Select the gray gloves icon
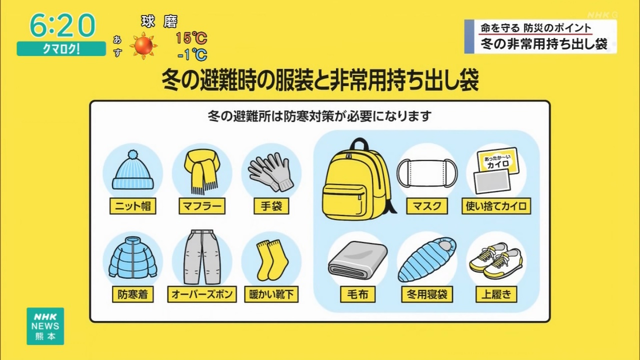[270, 172]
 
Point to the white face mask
[427, 173]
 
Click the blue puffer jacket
[133, 258]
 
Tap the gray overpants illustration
[202, 257]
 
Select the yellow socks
[272, 260]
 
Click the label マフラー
[202, 206]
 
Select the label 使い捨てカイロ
[496, 206]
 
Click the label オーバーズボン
[202, 294]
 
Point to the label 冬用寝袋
[427, 294]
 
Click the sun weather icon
[143, 46]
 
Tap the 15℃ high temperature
[191, 38]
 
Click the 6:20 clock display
[62, 25]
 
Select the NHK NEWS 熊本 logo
[45, 326]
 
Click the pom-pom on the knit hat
[132, 154]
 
